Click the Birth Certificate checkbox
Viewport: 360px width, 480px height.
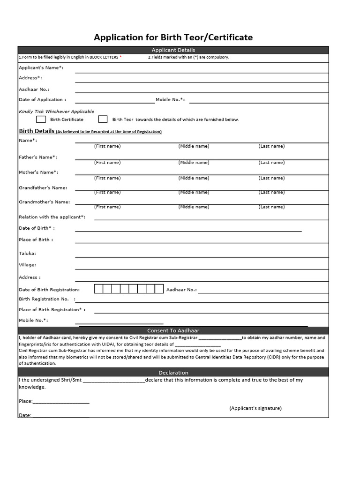coord(41,119)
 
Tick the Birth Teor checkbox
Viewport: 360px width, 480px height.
coord(103,119)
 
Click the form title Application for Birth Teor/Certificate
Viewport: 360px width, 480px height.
coord(173,37)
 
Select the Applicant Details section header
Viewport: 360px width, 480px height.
coord(173,50)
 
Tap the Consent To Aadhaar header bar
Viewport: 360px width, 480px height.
coord(173,330)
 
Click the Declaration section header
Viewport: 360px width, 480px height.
coord(173,373)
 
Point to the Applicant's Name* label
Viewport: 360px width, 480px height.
coord(41,67)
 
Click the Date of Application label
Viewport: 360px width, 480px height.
coord(42,99)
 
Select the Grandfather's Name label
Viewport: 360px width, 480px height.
coord(43,187)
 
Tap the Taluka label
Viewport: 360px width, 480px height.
coord(27,253)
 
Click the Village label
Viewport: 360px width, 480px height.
coord(27,265)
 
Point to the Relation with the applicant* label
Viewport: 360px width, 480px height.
coord(52,217)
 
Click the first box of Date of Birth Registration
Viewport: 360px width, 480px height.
coord(98,289)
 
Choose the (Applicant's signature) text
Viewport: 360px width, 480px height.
coord(255,408)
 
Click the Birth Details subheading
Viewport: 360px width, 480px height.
coord(37,131)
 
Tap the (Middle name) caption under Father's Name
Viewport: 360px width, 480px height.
coord(194,163)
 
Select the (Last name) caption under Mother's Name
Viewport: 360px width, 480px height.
coord(271,178)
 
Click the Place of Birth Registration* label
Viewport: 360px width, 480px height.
coord(52,309)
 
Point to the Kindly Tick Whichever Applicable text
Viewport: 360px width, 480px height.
coord(56,112)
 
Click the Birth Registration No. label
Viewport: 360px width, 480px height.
coord(44,299)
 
